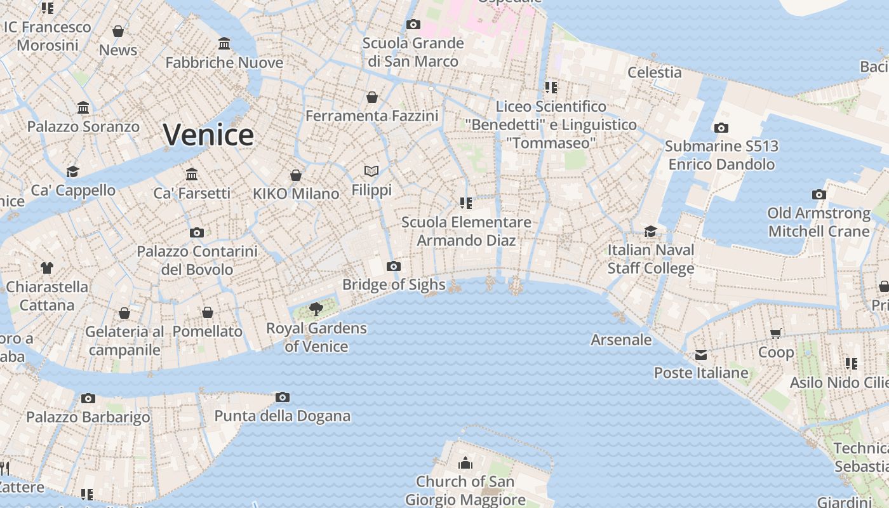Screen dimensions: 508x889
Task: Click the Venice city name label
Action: tap(208, 135)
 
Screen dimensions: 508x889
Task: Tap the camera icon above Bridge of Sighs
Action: tap(394, 266)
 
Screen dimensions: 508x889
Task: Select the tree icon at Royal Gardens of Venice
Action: tap(316, 309)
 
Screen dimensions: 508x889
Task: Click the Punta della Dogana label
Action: tap(282, 416)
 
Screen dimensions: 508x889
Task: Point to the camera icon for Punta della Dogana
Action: tap(283, 398)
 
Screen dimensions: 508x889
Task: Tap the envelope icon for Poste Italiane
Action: tap(701, 355)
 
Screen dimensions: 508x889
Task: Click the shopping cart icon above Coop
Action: tap(775, 333)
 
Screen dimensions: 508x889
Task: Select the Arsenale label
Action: tap(621, 340)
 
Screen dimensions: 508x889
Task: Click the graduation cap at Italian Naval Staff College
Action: tap(650, 231)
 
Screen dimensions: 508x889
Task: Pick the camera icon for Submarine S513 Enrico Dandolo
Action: tap(721, 128)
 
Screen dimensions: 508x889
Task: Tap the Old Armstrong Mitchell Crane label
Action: tap(819, 222)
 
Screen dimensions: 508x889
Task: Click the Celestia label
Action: tap(654, 72)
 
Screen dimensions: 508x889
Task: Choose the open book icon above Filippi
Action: tap(371, 171)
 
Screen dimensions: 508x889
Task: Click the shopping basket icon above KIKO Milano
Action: tap(296, 175)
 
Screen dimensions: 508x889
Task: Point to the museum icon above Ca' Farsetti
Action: tap(192, 174)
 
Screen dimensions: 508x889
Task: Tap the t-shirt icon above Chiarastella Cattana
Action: tap(47, 268)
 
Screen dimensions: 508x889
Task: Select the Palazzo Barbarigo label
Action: tap(88, 417)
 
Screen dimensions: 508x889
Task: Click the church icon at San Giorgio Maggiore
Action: tap(465, 463)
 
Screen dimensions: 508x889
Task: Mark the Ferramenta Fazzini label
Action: tap(372, 116)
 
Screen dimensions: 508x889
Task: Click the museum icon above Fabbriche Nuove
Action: tap(224, 44)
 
